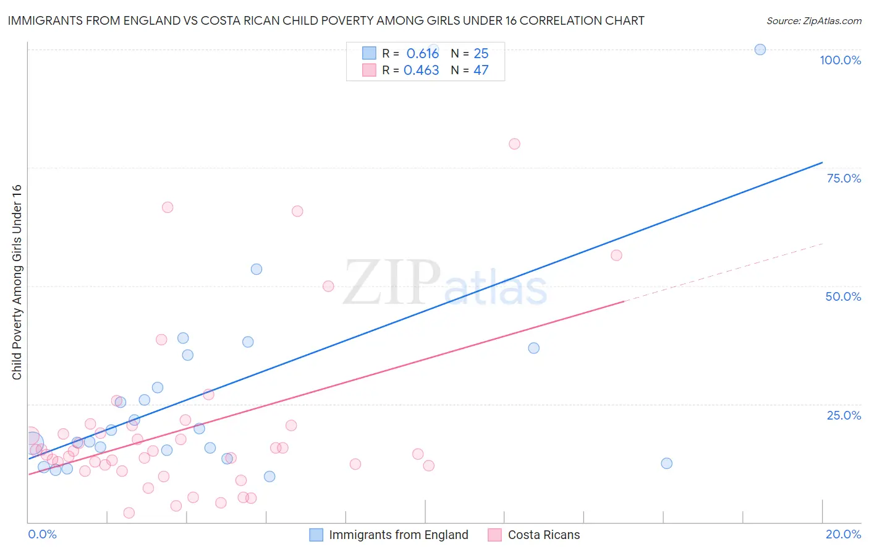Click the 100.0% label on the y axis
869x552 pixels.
click(x=840, y=60)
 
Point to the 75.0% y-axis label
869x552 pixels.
click(x=844, y=178)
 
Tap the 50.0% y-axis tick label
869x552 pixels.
click(x=843, y=296)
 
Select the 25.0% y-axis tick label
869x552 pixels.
click(x=844, y=415)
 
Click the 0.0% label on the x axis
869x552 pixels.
click(x=42, y=534)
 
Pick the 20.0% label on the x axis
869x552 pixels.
click(x=843, y=534)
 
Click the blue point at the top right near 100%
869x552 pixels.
click(x=760, y=50)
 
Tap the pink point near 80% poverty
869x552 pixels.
click(x=514, y=144)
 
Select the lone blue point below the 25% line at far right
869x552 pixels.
click(x=666, y=464)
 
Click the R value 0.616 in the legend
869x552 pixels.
click(x=423, y=54)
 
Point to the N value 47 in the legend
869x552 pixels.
click(x=481, y=71)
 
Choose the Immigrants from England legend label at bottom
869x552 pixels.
click(x=399, y=535)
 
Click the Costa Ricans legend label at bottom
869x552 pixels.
click(x=544, y=535)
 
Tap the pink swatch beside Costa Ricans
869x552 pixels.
click(x=494, y=535)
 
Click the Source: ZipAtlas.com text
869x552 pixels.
click(x=814, y=21)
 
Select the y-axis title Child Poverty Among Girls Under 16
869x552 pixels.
click(x=17, y=282)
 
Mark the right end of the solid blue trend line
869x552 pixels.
click(x=822, y=162)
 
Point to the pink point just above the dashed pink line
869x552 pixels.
click(x=616, y=255)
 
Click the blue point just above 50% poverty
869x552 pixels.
click(x=256, y=269)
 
